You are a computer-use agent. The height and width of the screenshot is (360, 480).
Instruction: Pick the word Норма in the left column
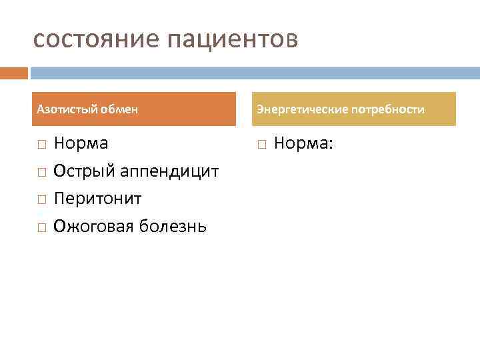pos(81,143)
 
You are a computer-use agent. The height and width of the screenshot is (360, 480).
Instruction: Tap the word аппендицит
pos(170,171)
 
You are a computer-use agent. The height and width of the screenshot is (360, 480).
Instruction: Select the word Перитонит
pos(97,199)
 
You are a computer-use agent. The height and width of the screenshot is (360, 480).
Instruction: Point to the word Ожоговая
pos(95,227)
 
